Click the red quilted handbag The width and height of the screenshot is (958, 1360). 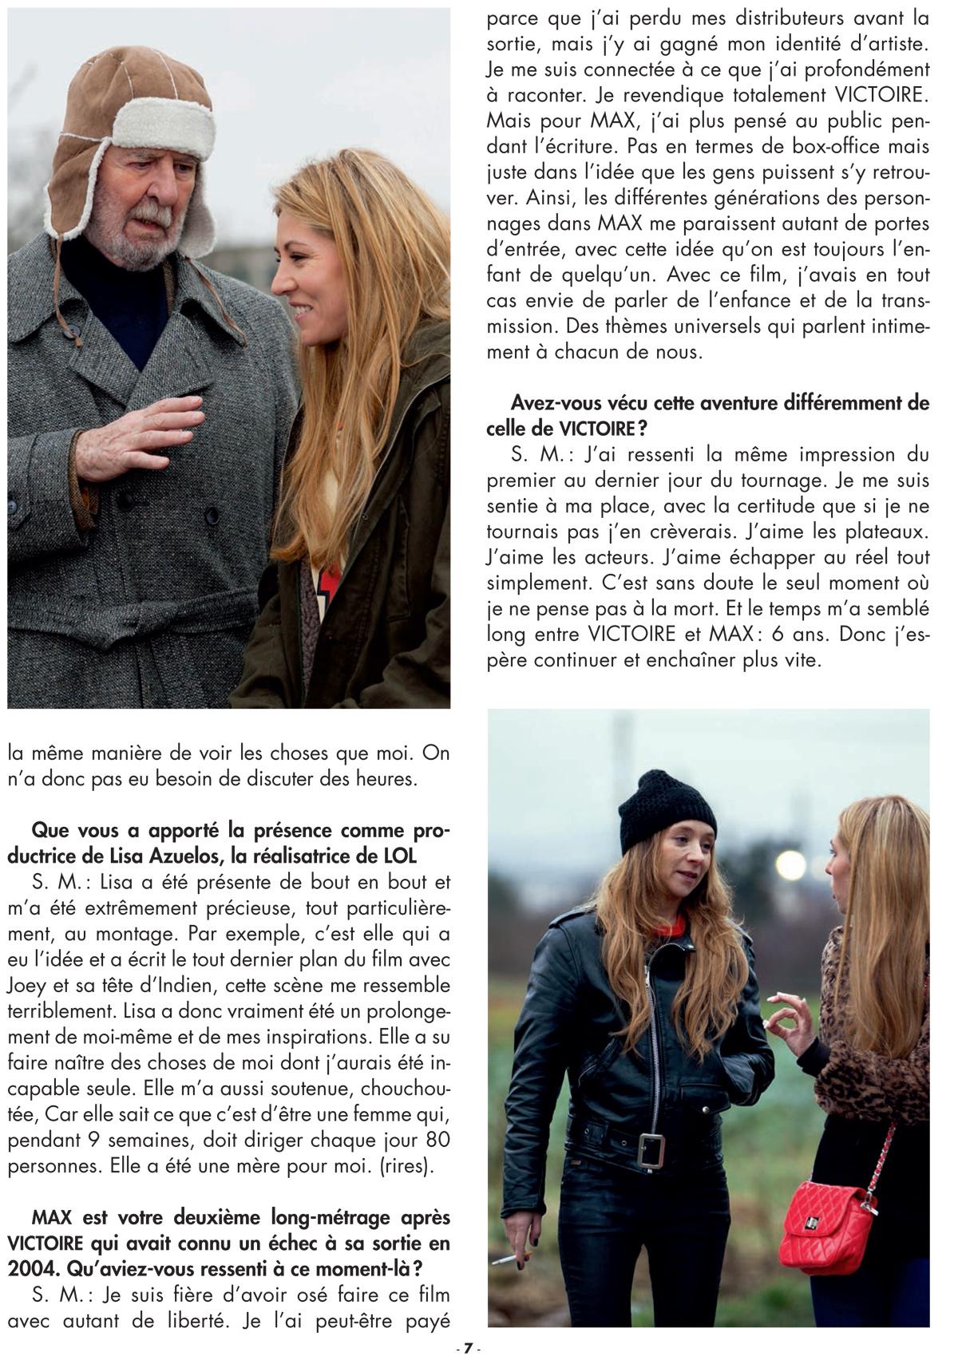pyautogui.click(x=825, y=1224)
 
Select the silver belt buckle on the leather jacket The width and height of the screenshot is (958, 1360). pyautogui.click(x=651, y=1148)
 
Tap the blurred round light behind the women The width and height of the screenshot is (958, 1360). pyautogui.click(x=791, y=864)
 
